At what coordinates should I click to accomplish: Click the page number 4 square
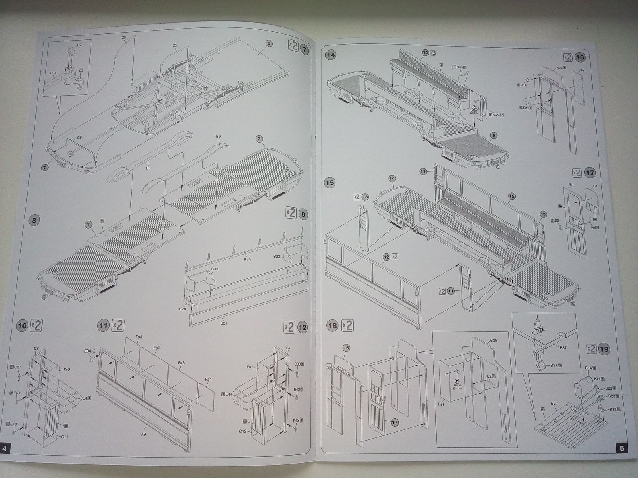point(5,449)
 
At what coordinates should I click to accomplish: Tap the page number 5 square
point(622,448)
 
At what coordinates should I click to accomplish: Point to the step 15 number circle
point(330,183)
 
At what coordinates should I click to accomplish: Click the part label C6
point(124,37)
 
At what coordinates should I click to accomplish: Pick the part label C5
point(175,45)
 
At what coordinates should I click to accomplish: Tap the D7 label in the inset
point(79,45)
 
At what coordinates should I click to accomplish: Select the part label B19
point(247,259)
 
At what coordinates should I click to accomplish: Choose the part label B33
point(215,269)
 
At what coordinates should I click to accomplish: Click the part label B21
point(224,323)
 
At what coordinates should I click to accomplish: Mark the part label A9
point(143,434)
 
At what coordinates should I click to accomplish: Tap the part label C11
point(64,437)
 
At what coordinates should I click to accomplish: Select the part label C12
point(243,431)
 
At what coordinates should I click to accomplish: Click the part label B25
point(494,341)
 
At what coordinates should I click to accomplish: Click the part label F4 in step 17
point(595,186)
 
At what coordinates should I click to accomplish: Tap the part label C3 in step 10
point(36,348)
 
